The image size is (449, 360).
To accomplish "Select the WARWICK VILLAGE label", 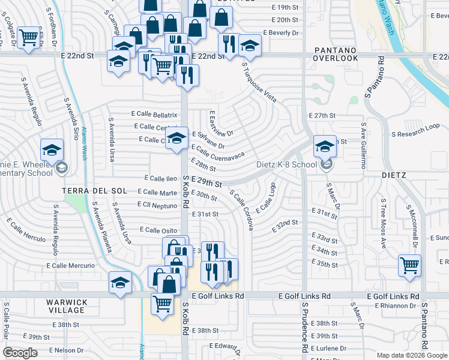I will pos(67,306).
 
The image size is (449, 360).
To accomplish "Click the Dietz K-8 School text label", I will pos(286,164).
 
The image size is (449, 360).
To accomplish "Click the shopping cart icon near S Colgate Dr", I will pos(28,37).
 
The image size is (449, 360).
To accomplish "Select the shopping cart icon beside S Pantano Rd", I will pos(409,264).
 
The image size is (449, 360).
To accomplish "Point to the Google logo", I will pos(20,353).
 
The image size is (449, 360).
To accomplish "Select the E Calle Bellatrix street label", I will pos(154,115).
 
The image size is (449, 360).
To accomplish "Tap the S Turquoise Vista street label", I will pos(259,82).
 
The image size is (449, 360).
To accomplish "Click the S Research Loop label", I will pos(415,133).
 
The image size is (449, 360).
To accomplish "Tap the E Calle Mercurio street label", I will pos(70,265).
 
